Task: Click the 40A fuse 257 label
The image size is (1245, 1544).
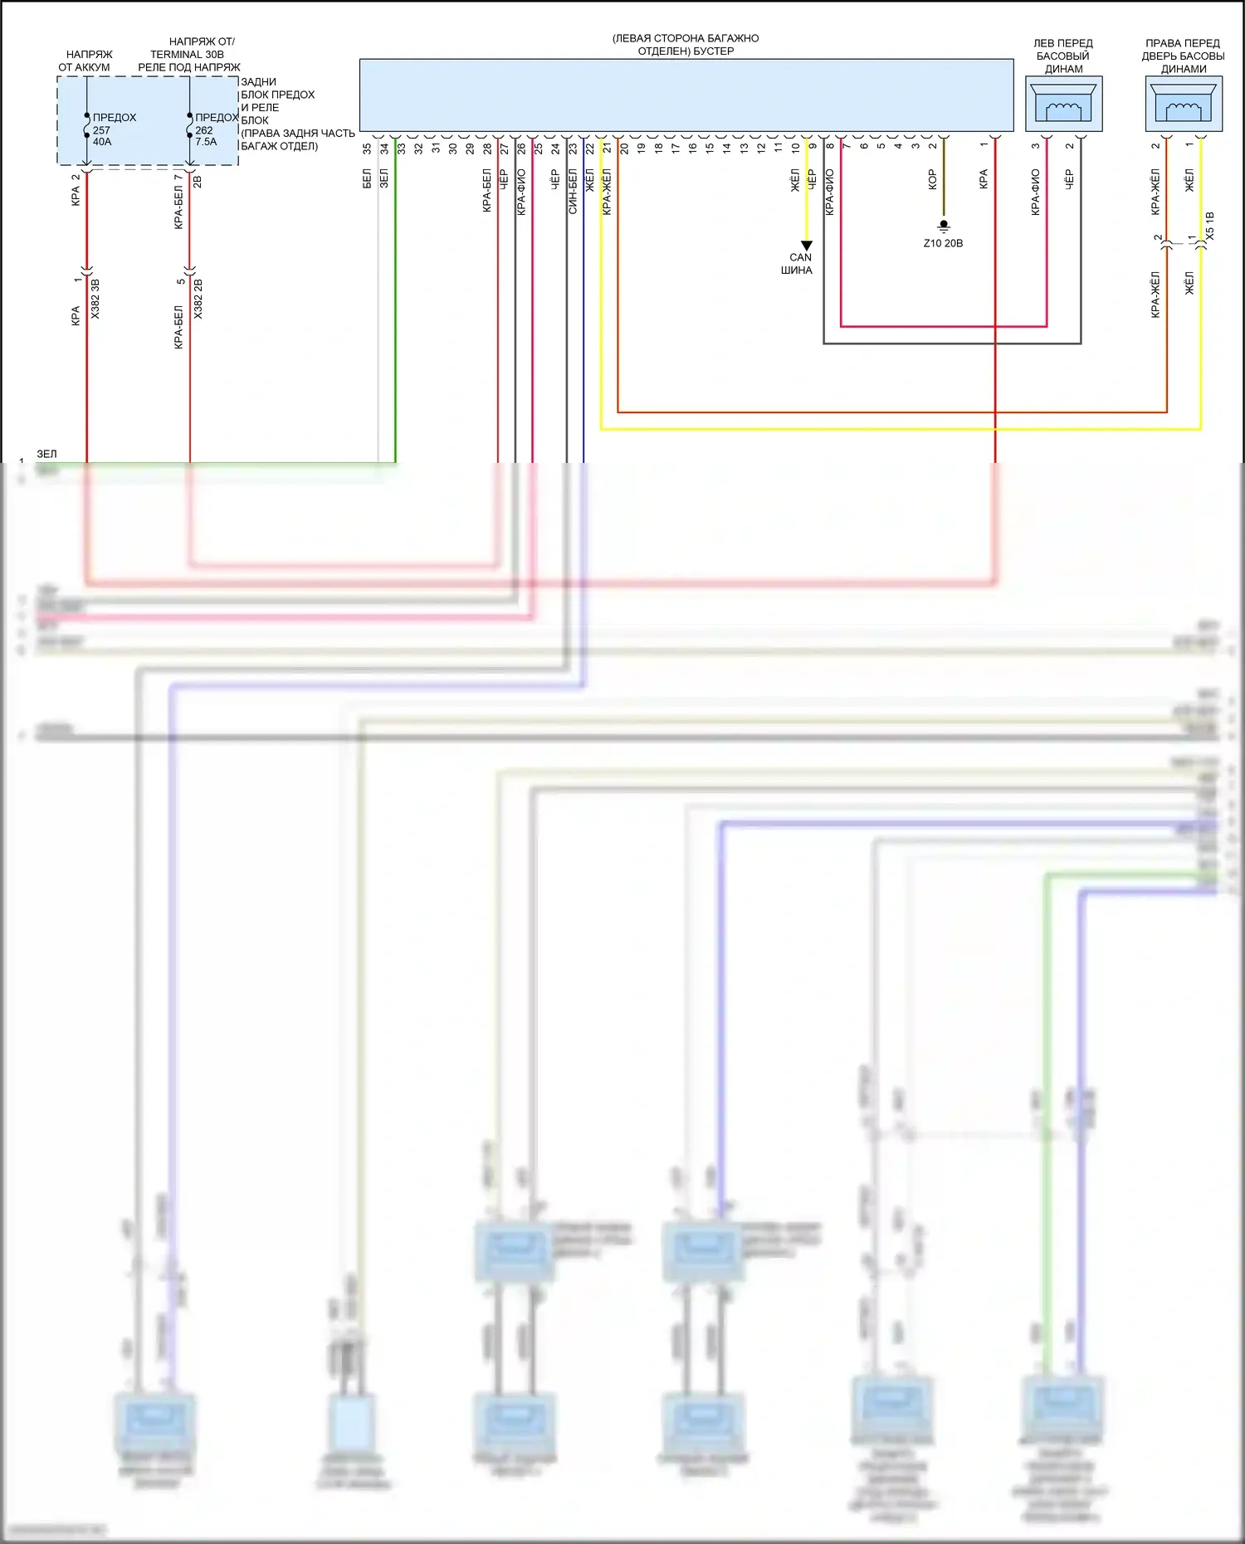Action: [102, 130]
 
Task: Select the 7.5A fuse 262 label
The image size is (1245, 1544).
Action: [206, 130]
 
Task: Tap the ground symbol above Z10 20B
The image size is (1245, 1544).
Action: [944, 226]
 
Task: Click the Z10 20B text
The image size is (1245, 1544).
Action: [944, 243]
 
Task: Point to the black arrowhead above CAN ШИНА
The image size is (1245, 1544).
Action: [807, 246]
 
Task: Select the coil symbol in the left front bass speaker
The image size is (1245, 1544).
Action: [1063, 109]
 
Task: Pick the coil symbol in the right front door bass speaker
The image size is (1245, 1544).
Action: [1184, 109]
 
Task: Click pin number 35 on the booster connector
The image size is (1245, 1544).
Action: [367, 149]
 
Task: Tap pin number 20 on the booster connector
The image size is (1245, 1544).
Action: [624, 149]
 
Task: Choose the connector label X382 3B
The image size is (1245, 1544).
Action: [95, 300]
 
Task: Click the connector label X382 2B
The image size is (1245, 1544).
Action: [198, 300]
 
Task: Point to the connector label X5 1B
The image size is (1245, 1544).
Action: [1209, 226]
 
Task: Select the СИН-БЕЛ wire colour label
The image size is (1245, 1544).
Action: [573, 192]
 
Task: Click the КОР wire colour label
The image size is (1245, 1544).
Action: [932, 180]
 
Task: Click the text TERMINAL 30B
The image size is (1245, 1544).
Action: [187, 54]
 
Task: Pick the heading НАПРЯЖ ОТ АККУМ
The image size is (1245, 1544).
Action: [85, 61]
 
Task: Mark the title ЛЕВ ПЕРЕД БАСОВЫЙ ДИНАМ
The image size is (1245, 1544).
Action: [1063, 56]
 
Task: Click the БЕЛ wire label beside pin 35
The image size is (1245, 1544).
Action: [367, 178]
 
